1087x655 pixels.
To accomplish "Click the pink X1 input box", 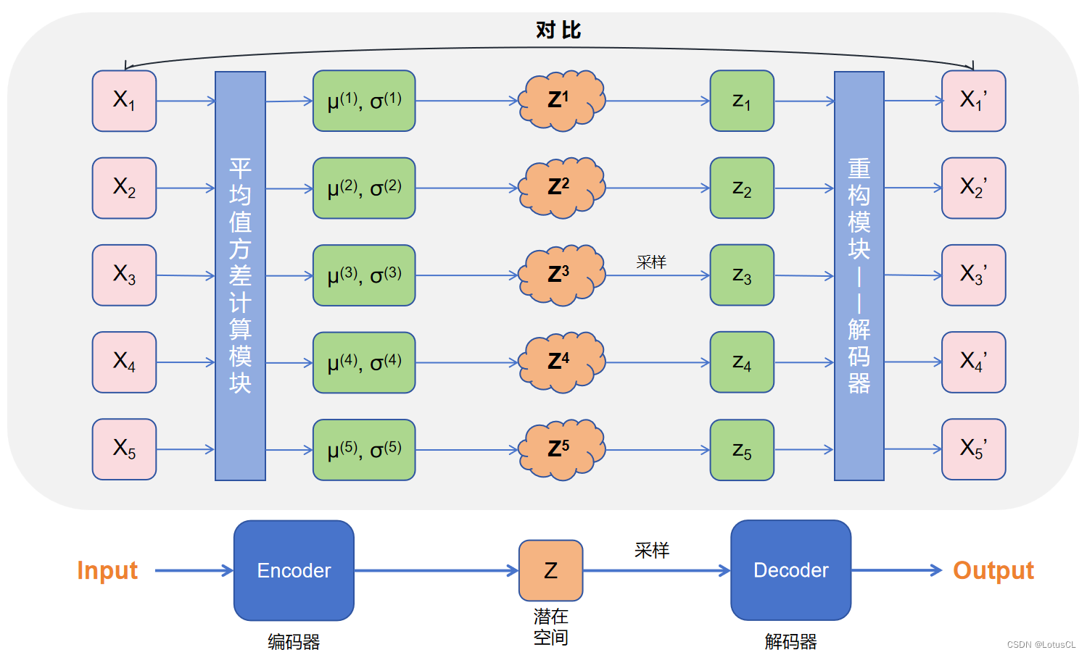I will (x=124, y=101).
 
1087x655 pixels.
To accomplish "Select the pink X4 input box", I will (x=124, y=362).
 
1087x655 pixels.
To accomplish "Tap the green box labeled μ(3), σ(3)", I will (x=364, y=275).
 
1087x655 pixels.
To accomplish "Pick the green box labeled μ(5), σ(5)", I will (x=364, y=450).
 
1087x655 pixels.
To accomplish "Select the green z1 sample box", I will (x=742, y=101).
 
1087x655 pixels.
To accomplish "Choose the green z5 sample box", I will (x=742, y=450).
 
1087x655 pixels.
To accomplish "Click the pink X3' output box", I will (x=973, y=275).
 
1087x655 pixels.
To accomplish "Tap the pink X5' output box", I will (x=973, y=449).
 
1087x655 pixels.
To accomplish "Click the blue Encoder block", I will (x=294, y=570).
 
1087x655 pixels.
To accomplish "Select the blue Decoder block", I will (x=790, y=570).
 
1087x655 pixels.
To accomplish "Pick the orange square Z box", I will (x=550, y=570).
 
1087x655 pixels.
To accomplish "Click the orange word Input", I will (x=107, y=570).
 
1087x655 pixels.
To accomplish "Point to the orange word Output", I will (x=993, y=570).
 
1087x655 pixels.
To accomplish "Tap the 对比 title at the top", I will (x=558, y=30).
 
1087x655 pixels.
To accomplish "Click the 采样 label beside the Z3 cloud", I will (x=651, y=262).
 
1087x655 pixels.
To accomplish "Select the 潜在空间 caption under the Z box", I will (x=550, y=627).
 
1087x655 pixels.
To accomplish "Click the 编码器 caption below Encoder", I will (x=294, y=642).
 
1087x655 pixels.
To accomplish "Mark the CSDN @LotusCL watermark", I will (x=1041, y=644).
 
